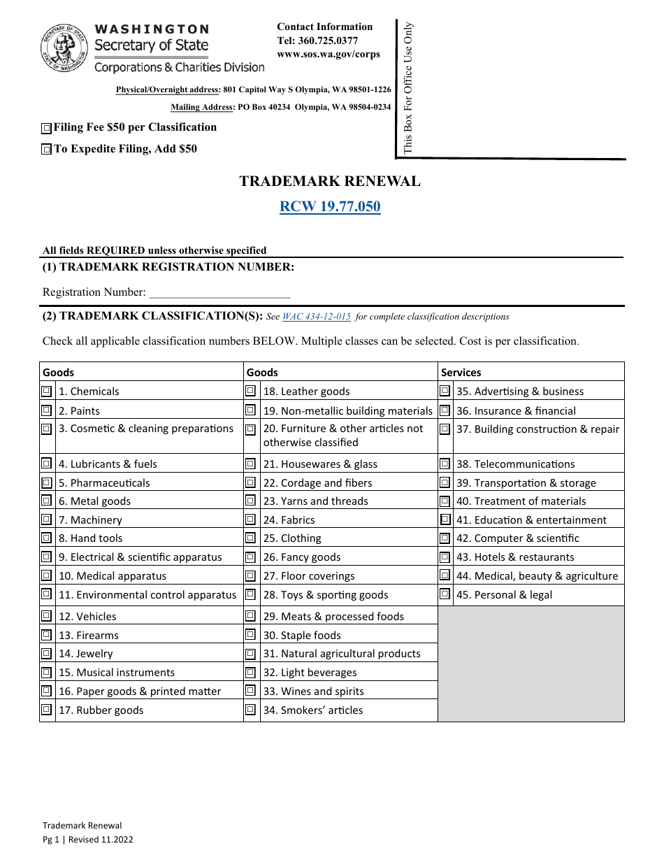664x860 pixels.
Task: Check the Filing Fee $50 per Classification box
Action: pyautogui.click(x=46, y=128)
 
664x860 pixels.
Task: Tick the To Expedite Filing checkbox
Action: pyautogui.click(x=46, y=149)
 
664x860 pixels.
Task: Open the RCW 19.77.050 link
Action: pyautogui.click(x=330, y=206)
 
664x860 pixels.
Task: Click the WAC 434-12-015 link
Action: pyautogui.click(x=316, y=317)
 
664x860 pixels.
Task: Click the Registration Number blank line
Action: pyautogui.click(x=219, y=293)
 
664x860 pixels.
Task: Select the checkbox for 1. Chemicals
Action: pyautogui.click(x=46, y=391)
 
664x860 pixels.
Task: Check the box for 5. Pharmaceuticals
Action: pyautogui.click(x=46, y=482)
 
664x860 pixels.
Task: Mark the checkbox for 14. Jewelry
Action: pyautogui.click(x=46, y=654)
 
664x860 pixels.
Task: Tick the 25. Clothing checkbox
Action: pyautogui.click(x=250, y=538)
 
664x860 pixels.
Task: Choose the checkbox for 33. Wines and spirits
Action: pyautogui.click(x=250, y=691)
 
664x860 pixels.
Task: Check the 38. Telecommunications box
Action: pyautogui.click(x=445, y=464)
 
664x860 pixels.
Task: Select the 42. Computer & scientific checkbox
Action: pyautogui.click(x=445, y=538)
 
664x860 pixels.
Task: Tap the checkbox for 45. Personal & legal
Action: pyautogui.click(x=445, y=594)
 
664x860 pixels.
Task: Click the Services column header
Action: pyautogui.click(x=461, y=373)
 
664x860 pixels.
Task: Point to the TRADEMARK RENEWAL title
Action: pyautogui.click(x=330, y=182)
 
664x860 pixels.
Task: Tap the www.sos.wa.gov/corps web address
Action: pyautogui.click(x=329, y=54)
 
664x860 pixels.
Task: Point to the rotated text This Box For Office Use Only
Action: pyautogui.click(x=408, y=87)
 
